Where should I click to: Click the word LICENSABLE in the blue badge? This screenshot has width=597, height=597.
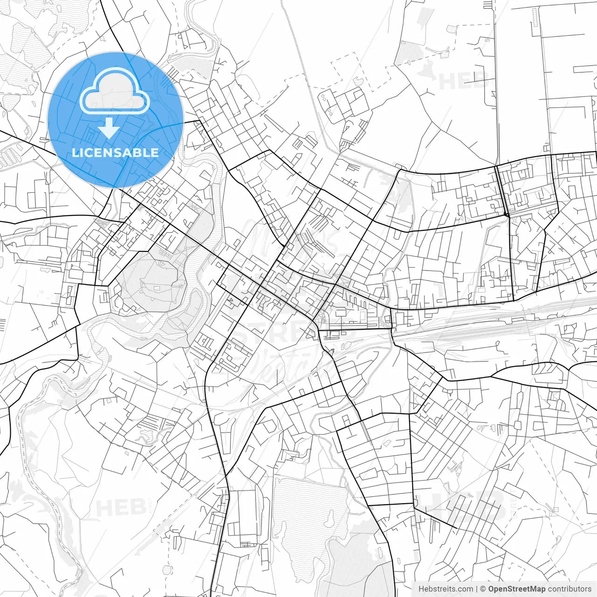[115, 153]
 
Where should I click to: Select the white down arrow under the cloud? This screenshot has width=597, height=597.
[109, 128]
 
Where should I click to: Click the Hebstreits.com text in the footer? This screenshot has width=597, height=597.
[445, 589]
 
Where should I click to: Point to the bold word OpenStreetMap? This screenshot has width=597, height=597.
[517, 589]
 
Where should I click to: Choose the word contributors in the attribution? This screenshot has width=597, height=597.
[569, 589]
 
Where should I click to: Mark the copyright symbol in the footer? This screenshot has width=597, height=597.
[483, 589]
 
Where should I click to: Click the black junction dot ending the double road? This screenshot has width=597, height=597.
[506, 215]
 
